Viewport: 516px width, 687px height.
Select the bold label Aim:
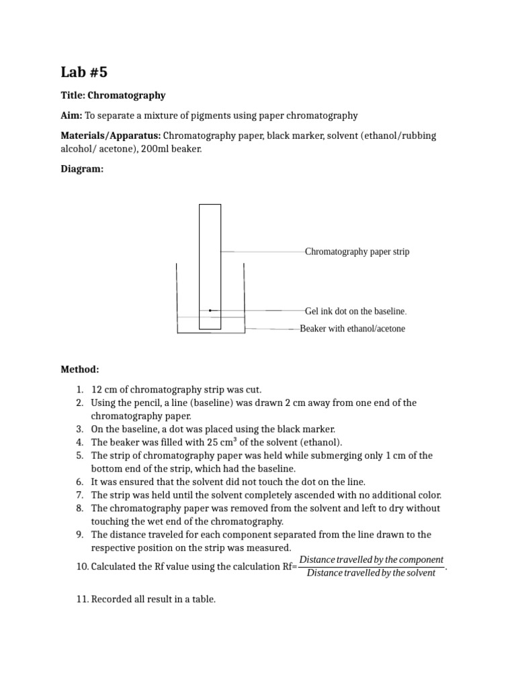71,115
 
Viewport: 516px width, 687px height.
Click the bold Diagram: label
82,169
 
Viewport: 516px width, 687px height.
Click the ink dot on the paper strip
210,311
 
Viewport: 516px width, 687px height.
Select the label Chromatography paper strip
357,252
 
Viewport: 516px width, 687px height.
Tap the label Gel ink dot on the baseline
355,311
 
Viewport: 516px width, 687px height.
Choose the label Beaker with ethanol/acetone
352,329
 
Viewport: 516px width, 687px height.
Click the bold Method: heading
80,369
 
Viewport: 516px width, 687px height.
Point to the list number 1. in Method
79,390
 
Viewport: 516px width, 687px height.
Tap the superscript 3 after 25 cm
234,439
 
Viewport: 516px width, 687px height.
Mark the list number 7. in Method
79,495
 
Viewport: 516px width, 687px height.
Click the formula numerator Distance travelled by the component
372,560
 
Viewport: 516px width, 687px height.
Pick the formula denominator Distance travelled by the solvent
371,573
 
